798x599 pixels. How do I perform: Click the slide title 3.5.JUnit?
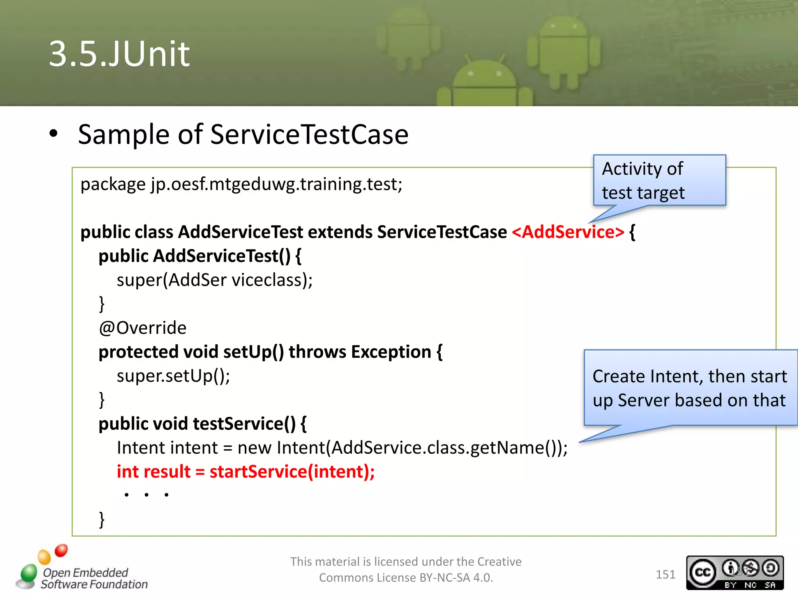[x=119, y=54]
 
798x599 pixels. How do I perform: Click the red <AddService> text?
[x=568, y=232]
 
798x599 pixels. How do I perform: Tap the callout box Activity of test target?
[x=659, y=181]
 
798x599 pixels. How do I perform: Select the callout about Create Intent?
[x=690, y=388]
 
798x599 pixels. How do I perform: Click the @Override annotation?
[x=143, y=328]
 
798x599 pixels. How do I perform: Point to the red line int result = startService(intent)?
[x=245, y=471]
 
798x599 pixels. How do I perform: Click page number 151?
[x=665, y=574]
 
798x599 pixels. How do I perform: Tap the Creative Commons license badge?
[x=734, y=573]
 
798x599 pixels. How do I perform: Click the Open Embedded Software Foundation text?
[x=94, y=578]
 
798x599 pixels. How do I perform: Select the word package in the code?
[x=113, y=184]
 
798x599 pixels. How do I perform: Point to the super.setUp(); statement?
[x=173, y=376]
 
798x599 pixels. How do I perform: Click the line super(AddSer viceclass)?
[x=214, y=280]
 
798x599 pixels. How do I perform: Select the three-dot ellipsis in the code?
[x=147, y=495]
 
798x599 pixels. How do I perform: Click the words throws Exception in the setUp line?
[x=360, y=352]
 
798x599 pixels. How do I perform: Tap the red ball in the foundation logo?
[x=61, y=551]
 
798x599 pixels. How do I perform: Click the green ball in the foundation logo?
[x=29, y=572]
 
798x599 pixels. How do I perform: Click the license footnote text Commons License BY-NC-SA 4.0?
[x=406, y=578]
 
